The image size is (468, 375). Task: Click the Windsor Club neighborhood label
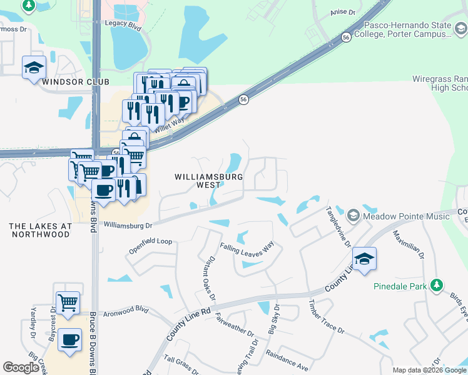(x=76, y=82)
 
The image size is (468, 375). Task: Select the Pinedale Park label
(x=400, y=287)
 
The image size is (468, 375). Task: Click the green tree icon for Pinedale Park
(x=437, y=286)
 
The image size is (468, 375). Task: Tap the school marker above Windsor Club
(x=34, y=68)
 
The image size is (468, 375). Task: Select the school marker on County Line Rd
(x=364, y=259)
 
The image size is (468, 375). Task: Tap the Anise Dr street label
(x=342, y=12)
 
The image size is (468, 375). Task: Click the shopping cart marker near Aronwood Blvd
(x=68, y=303)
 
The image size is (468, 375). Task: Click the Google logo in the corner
(x=21, y=367)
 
